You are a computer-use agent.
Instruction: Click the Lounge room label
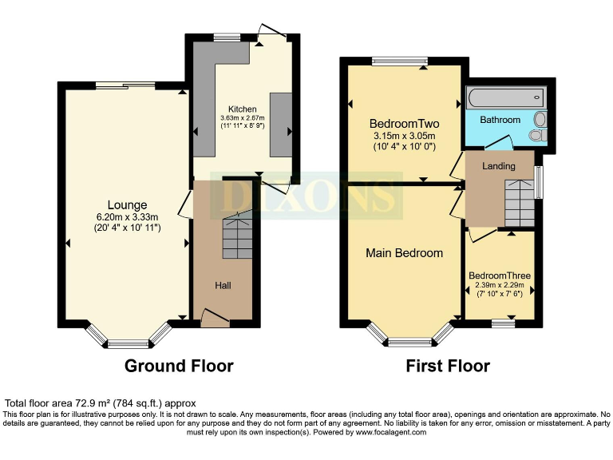click(128, 204)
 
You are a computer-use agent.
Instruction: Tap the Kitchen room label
click(242, 109)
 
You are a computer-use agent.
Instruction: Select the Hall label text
click(223, 285)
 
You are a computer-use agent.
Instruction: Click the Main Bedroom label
click(404, 253)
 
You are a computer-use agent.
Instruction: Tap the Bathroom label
click(500, 120)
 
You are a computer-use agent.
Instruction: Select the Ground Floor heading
click(179, 366)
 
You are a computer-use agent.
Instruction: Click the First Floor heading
click(448, 366)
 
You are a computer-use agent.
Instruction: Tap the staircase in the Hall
click(237, 236)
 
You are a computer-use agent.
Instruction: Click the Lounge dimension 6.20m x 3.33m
click(128, 216)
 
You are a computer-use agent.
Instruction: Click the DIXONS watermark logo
click(306, 196)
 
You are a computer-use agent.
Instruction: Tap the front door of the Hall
click(214, 319)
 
